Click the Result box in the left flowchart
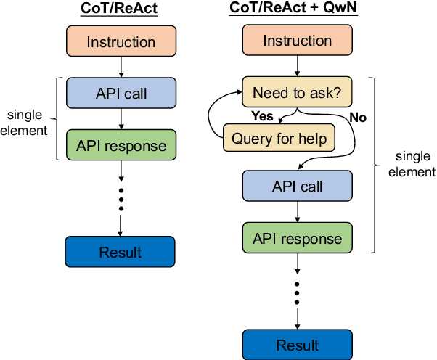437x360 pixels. [x=120, y=252]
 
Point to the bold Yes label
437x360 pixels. [x=262, y=115]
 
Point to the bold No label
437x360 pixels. [x=358, y=115]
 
